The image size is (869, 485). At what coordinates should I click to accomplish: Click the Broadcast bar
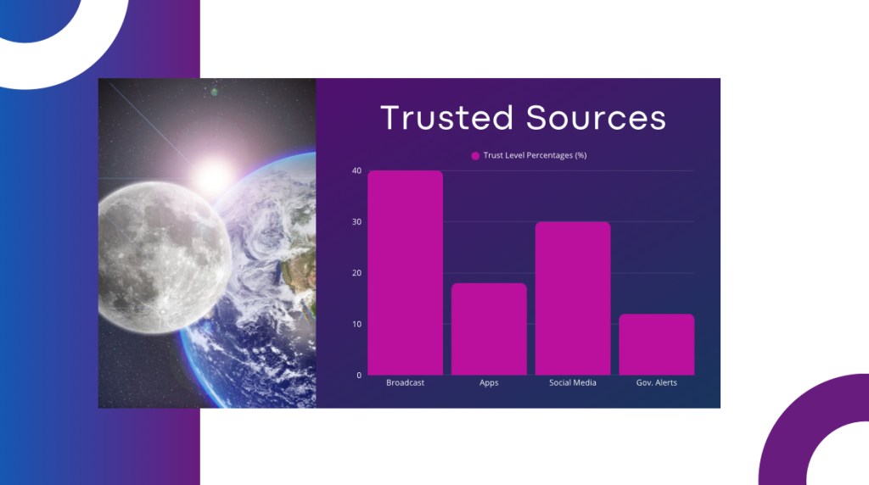coord(405,272)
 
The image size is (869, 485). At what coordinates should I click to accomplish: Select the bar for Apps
coord(489,329)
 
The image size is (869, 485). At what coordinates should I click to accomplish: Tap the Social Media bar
coord(573,298)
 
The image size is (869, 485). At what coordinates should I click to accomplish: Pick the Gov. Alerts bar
coord(656,344)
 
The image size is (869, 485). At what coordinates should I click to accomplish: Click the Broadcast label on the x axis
coord(405,382)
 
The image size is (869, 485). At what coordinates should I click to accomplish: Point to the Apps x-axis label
coord(489,382)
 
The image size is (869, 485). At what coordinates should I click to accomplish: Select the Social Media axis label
coord(573,382)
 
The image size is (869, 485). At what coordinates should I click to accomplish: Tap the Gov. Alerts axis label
coord(656,382)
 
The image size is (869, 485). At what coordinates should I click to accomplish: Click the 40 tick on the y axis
coord(356,170)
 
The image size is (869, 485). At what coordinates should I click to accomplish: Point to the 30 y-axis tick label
coord(356,221)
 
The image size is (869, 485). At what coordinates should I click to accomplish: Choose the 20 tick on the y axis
coord(356,273)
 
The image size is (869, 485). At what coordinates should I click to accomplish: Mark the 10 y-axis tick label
coord(356,324)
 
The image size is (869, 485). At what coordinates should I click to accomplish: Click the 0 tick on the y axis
coord(359,376)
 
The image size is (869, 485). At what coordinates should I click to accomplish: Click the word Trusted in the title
coord(447,117)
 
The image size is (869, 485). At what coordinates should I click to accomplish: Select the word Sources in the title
coord(596,117)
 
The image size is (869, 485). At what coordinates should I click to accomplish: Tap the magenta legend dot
coord(475,155)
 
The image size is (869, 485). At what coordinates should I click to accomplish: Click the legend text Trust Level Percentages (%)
coord(535,155)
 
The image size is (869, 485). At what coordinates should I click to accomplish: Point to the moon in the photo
coord(164,258)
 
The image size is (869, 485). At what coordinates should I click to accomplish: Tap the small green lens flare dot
coord(215,92)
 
